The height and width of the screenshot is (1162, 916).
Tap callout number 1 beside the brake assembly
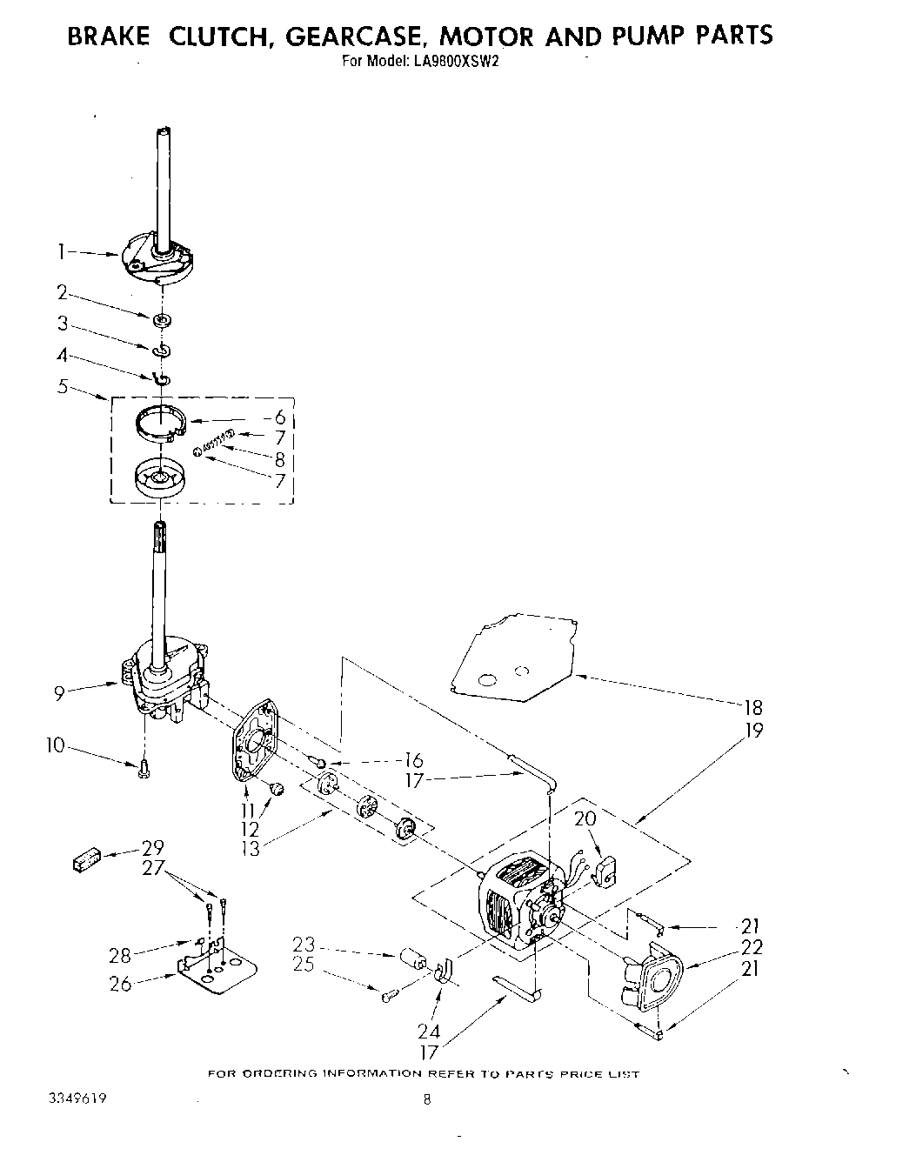[x=62, y=252]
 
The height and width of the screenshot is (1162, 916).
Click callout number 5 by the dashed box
[x=63, y=386]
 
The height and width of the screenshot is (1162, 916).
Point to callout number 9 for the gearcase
[x=59, y=693]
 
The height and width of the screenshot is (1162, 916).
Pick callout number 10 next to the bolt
[x=56, y=745]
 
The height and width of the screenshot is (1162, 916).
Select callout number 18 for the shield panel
[x=753, y=707]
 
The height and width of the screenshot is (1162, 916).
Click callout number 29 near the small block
[x=152, y=847]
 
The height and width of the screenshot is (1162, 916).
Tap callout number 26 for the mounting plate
[x=121, y=984]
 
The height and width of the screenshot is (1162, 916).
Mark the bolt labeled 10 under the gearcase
[x=144, y=768]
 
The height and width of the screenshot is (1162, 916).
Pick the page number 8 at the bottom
[x=426, y=1099]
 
